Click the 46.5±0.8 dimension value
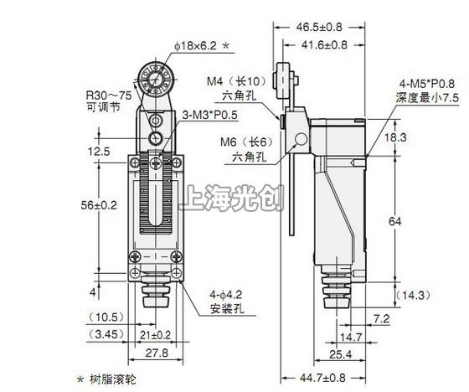point(319,27)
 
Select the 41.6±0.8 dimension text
point(324,45)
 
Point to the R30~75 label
point(109,95)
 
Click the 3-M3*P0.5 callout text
point(209,115)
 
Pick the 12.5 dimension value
point(99,152)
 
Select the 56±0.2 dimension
point(99,205)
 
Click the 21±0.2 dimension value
point(156,335)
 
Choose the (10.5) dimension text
point(106,317)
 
